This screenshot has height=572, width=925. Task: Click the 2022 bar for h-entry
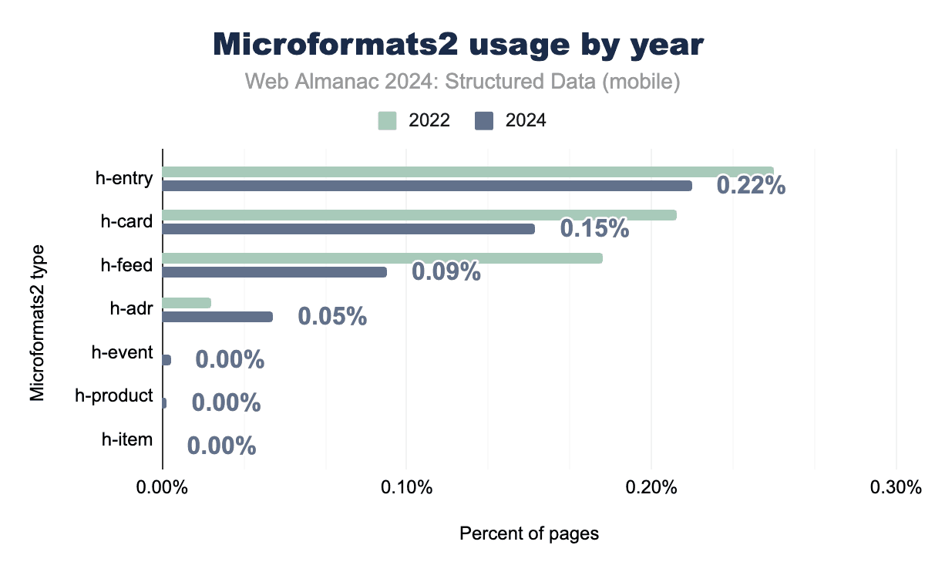point(467,172)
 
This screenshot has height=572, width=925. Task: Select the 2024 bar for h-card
point(348,229)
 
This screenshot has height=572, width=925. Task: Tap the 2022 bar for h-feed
point(382,258)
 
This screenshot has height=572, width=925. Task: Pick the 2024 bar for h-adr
point(217,317)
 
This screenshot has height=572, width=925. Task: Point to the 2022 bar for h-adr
point(187,303)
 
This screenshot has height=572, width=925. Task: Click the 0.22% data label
point(751,185)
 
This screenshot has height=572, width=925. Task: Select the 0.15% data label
point(594,228)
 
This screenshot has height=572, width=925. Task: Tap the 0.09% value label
point(446,272)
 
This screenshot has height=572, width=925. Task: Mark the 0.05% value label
point(332,316)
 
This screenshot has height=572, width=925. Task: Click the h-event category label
point(122,353)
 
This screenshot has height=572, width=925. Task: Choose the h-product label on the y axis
point(114,396)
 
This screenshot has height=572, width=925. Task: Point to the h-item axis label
point(127,439)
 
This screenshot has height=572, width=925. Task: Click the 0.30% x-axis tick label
point(896,488)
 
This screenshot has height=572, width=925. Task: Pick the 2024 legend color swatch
point(484,120)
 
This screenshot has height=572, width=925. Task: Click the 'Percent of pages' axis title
point(529,533)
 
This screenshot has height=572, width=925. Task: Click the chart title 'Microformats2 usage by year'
point(459,45)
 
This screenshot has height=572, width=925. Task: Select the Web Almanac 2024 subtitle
point(462,82)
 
